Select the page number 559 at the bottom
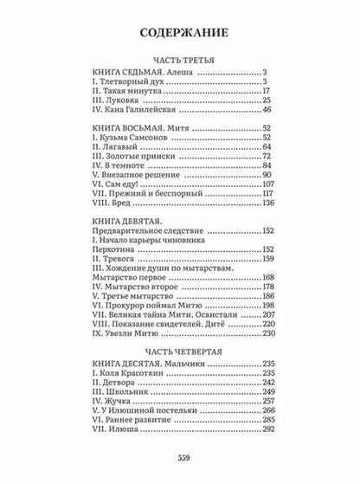click(x=180, y=458)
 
